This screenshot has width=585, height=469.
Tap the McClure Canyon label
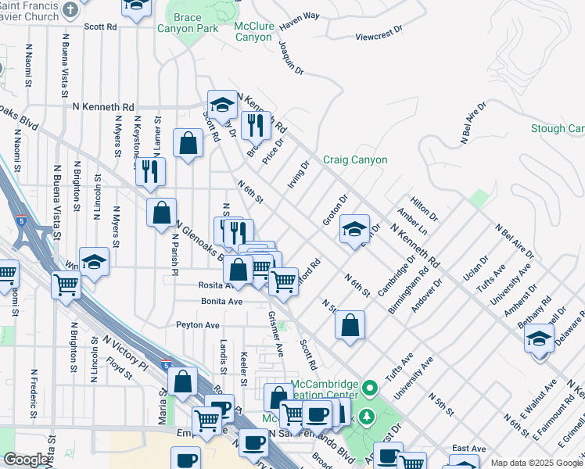[253, 31]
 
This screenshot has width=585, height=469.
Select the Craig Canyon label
[355, 160]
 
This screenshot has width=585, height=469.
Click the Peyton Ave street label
[197, 324]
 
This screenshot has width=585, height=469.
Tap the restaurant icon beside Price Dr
[255, 124]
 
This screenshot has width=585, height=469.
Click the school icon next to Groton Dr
[354, 228]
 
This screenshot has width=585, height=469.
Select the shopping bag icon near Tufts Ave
[350, 324]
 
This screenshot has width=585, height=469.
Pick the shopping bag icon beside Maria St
[182, 381]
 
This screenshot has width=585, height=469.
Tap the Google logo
[26, 460]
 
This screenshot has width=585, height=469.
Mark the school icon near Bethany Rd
[540, 338]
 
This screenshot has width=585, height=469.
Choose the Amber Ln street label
[411, 222]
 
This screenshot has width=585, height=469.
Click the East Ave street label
[468, 449]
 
